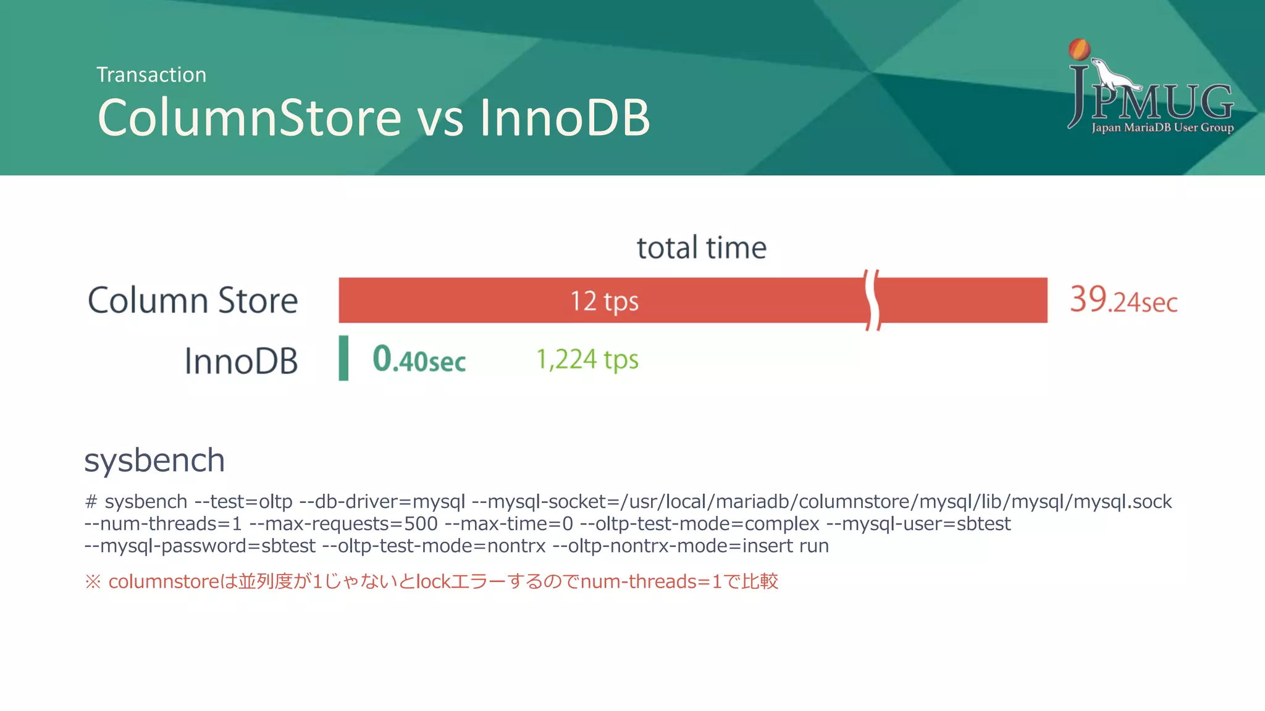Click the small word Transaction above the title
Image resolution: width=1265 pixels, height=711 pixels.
pyautogui.click(x=151, y=75)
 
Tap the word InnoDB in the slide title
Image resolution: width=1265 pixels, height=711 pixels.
pyautogui.click(x=565, y=117)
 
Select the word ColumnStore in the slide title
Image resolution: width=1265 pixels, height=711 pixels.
pyautogui.click(x=250, y=117)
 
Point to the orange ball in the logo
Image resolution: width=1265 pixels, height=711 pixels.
pyautogui.click(x=1079, y=49)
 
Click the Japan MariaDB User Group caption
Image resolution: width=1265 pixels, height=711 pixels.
pyautogui.click(x=1162, y=128)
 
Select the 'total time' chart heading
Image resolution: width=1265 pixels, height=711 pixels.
pyautogui.click(x=702, y=247)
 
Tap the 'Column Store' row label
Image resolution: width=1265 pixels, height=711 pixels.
pyautogui.click(x=193, y=301)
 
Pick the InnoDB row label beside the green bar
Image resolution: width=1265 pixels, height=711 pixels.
pyautogui.click(x=241, y=361)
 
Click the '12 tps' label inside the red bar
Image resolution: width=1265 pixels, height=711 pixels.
pyautogui.click(x=604, y=301)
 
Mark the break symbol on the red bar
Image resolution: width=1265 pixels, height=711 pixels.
pyautogui.click(x=872, y=301)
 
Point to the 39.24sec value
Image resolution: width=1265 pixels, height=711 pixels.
pyautogui.click(x=1124, y=301)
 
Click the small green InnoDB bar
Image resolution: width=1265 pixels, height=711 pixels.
pyautogui.click(x=343, y=358)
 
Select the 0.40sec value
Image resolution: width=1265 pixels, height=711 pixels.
pyautogui.click(x=419, y=360)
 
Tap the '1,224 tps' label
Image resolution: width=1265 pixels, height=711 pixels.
pyautogui.click(x=587, y=359)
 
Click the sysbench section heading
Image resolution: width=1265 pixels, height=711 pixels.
pyautogui.click(x=154, y=460)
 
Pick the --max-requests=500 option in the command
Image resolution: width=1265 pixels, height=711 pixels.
pyautogui.click(x=343, y=524)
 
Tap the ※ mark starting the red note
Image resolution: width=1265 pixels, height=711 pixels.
pyautogui.click(x=93, y=581)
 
